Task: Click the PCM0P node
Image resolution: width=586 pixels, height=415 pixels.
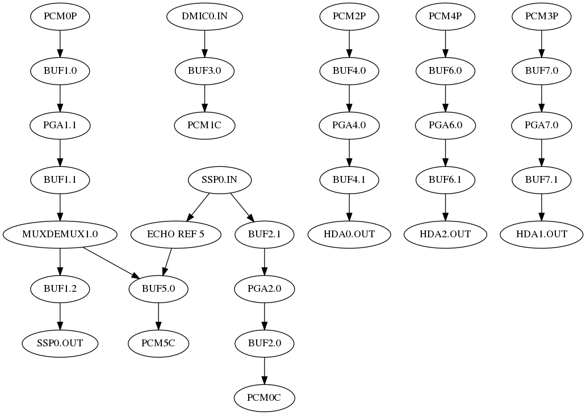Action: pos(60,16)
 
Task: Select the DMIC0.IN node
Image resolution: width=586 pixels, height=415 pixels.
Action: pos(204,16)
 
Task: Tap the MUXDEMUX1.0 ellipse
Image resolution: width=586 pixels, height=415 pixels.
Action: pos(60,234)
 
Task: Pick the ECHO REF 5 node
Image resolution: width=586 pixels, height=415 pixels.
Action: pos(175,234)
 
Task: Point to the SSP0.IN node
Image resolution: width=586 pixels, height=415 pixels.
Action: pos(220,180)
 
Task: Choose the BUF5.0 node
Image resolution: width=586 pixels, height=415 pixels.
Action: pos(158,288)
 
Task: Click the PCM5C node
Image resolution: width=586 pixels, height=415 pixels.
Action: pos(158,343)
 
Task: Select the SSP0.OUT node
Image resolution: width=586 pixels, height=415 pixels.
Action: pos(60,343)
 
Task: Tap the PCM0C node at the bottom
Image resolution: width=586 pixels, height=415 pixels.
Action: pos(264,397)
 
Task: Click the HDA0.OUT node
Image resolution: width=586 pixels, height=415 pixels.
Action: pos(349,234)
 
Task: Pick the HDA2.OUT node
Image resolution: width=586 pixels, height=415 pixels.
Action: pos(445,234)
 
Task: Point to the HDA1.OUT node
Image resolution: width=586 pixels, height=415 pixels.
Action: pos(541,234)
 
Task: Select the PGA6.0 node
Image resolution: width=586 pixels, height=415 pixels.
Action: pos(445,125)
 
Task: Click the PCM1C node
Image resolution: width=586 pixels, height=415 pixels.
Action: pos(204,125)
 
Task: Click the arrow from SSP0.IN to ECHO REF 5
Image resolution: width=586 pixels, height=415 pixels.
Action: pos(198,207)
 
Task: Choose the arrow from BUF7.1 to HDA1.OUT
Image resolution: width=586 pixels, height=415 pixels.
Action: pos(541,207)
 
